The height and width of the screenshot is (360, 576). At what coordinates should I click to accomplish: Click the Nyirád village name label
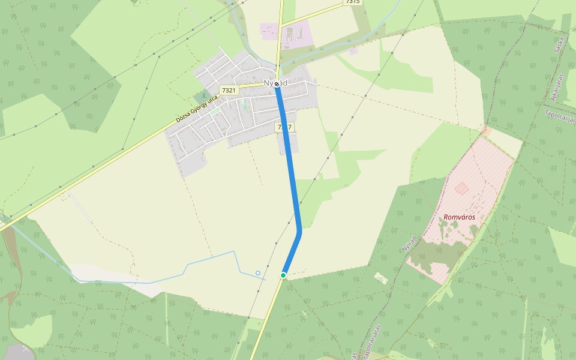276,83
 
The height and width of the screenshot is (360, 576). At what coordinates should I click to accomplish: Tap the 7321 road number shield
229,90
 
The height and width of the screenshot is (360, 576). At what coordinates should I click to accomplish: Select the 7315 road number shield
353,2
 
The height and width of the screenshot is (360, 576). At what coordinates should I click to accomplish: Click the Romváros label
460,217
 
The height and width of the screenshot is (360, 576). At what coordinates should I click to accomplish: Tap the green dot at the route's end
283,275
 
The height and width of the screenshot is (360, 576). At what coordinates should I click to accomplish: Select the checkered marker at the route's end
277,85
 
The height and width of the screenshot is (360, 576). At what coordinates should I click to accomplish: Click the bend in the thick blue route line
299,232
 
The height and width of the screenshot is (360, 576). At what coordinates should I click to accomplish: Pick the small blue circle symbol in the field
258,273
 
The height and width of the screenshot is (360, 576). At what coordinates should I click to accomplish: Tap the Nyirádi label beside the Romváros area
409,242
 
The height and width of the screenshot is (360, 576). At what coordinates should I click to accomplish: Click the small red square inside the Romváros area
461,188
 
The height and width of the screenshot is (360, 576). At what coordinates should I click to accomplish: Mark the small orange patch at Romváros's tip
486,131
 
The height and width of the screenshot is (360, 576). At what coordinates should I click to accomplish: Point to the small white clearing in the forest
380,277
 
